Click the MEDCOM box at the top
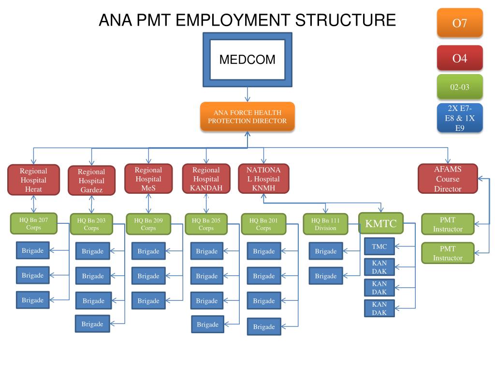(247, 60)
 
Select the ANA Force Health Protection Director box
(247, 117)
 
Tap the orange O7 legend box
(460, 23)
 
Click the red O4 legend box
(460, 58)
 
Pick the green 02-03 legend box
(460, 87)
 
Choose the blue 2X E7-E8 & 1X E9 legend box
(460, 118)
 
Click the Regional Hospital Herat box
(33, 180)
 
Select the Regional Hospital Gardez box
(91, 180)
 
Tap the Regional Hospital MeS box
(148, 179)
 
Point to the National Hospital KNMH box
(263, 179)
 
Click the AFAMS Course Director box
(447, 179)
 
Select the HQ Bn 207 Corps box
(33, 223)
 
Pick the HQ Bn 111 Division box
(325, 224)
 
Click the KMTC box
(381, 224)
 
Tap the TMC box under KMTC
(379, 247)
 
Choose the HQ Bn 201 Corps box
(263, 224)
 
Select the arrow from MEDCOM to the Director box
(247, 94)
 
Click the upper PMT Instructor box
(447, 225)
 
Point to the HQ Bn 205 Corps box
(206, 224)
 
